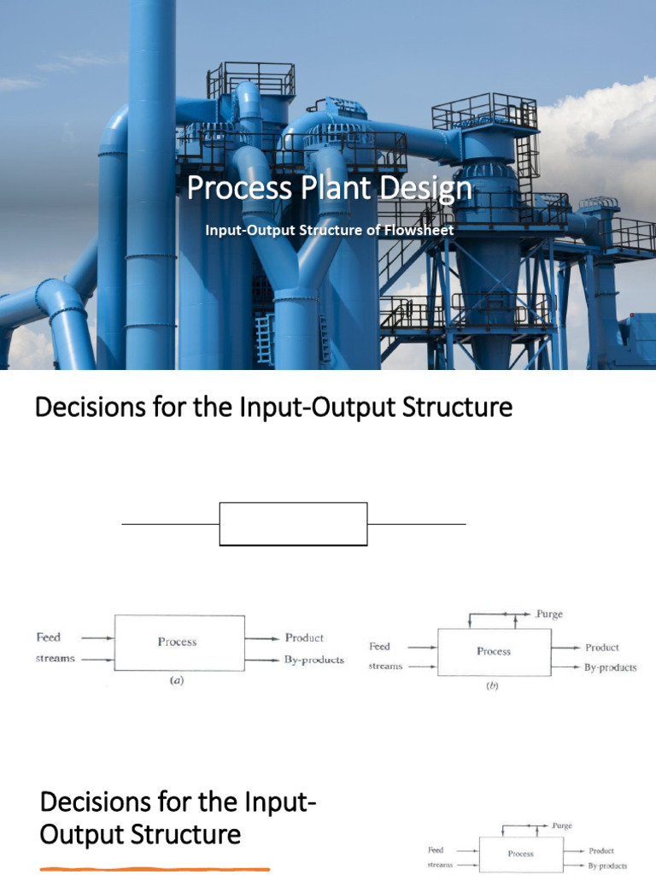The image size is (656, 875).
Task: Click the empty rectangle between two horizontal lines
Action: tap(293, 524)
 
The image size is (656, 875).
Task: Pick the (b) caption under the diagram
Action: tap(493, 685)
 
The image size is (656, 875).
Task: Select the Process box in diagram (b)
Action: tap(494, 651)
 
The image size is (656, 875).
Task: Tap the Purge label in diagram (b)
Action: tap(548, 614)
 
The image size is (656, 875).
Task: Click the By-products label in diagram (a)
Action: tap(314, 660)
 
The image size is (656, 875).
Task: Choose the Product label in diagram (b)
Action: tap(602, 648)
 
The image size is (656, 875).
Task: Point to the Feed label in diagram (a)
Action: tap(48, 637)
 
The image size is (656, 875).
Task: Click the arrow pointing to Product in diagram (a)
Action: tap(263, 637)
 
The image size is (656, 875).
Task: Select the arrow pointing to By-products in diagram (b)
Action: tap(565, 667)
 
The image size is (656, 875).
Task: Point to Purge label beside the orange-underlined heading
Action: tap(562, 826)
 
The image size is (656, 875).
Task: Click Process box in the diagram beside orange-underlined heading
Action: tap(520, 853)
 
